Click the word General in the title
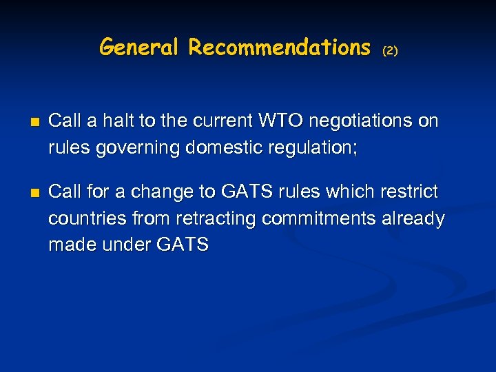click(141, 47)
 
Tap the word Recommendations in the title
click(280, 47)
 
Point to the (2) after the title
click(390, 50)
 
